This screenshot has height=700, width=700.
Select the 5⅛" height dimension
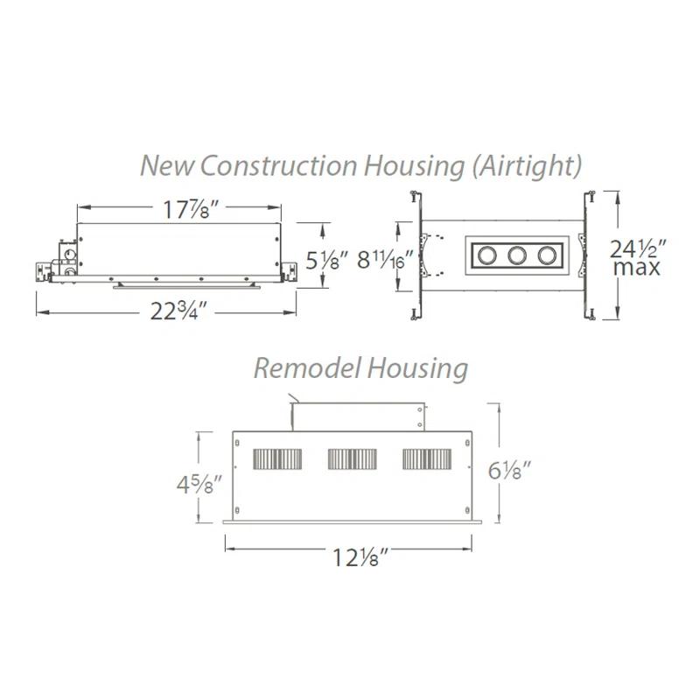[x=329, y=260]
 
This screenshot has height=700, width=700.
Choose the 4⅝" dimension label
[x=195, y=483]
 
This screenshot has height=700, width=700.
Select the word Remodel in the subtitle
[x=303, y=368]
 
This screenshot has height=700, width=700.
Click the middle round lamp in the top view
[x=516, y=256]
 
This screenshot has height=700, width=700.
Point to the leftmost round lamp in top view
[x=485, y=256]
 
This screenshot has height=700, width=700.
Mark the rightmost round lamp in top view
[x=548, y=256]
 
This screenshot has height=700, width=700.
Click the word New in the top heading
[x=164, y=164]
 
